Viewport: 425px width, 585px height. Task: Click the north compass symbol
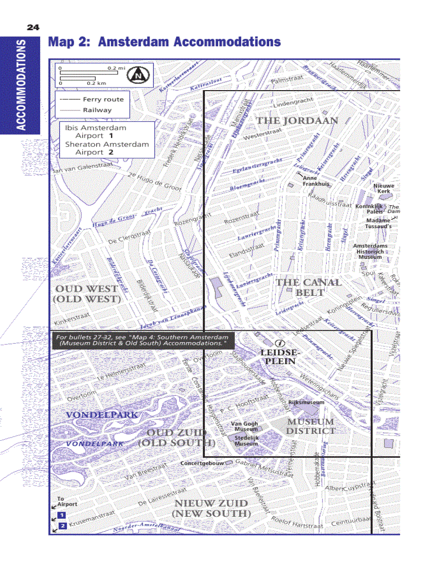click(x=139, y=75)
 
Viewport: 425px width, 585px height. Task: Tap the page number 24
click(x=33, y=27)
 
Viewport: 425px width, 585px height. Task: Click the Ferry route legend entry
click(x=103, y=99)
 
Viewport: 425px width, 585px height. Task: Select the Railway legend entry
click(x=97, y=110)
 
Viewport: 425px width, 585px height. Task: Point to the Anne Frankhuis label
click(x=316, y=181)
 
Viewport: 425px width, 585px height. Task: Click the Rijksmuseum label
click(x=306, y=402)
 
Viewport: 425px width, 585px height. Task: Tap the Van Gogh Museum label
click(x=244, y=427)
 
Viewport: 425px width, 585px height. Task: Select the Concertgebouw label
click(x=202, y=463)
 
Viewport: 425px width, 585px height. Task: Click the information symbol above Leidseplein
click(x=280, y=343)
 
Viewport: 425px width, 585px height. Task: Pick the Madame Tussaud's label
click(x=378, y=223)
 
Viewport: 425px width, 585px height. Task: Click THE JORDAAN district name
click(x=296, y=120)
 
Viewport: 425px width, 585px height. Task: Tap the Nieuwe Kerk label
click(x=384, y=188)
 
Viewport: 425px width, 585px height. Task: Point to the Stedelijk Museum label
click(x=246, y=441)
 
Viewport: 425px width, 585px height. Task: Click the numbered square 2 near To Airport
click(x=62, y=526)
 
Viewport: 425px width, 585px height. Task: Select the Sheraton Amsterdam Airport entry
click(x=106, y=148)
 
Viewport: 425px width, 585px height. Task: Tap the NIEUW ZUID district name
click(x=211, y=508)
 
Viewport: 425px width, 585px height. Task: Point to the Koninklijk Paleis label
click(x=369, y=209)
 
